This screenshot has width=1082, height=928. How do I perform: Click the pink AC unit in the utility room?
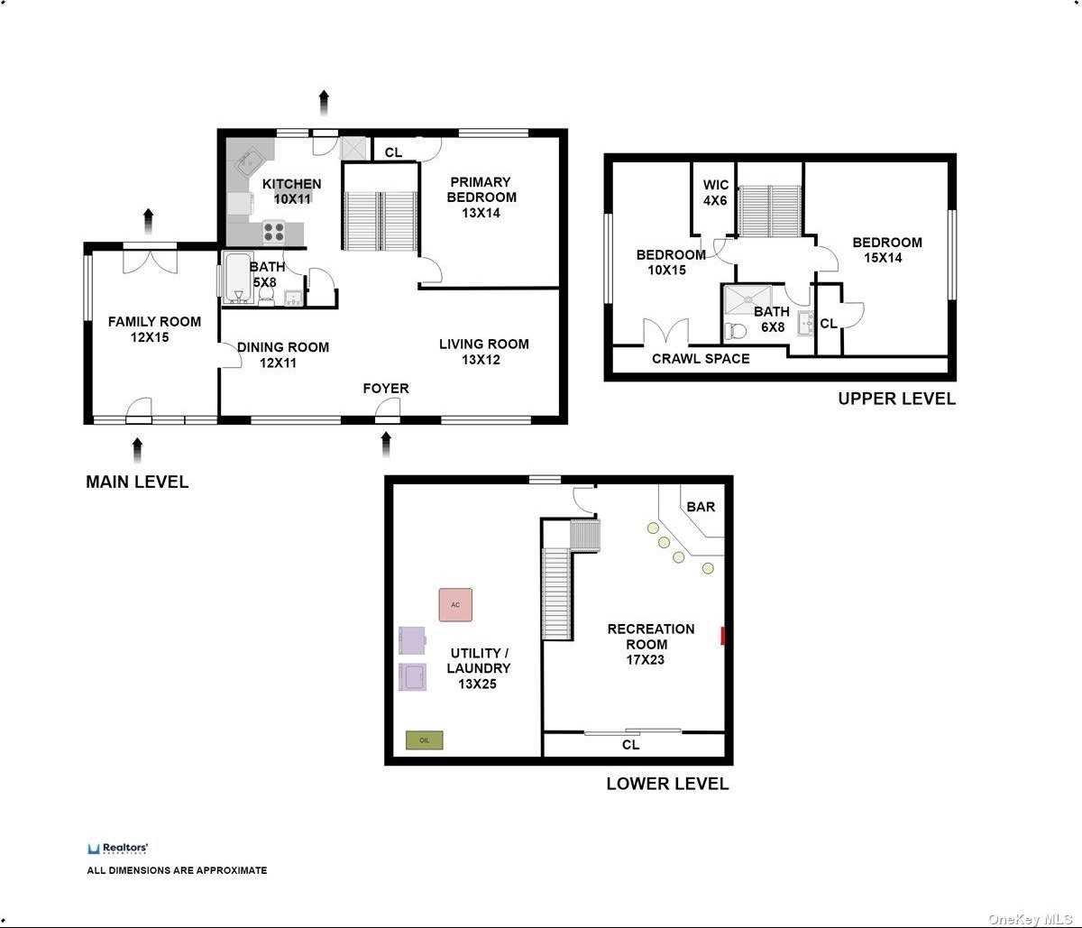455,605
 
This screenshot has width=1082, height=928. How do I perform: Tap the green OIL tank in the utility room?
425,740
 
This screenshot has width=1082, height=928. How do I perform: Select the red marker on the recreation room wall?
723,636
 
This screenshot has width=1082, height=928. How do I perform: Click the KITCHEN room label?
291,184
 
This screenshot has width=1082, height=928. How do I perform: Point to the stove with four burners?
274,231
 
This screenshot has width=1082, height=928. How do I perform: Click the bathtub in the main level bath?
238,278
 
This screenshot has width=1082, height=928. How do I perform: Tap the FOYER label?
386,388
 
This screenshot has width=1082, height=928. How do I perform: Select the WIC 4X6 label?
716,192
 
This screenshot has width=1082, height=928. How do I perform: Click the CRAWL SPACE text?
701,358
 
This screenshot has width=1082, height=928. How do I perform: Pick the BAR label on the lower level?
701,507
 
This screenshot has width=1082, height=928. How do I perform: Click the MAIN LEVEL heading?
137,482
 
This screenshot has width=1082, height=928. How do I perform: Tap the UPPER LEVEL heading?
896,399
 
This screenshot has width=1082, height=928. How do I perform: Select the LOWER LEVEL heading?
667,784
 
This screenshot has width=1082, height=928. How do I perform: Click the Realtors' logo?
118,849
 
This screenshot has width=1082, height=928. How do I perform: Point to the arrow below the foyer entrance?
386,445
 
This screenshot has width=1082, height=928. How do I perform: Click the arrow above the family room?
149,222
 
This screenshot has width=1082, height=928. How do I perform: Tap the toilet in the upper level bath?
736,330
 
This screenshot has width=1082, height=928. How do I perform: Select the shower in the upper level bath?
748,299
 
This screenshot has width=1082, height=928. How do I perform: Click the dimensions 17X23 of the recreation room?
646,659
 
